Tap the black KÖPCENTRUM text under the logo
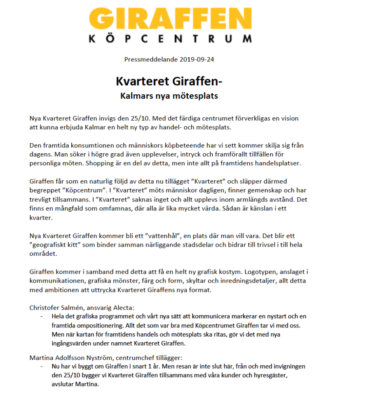pos(170,39)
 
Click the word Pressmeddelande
pos(150,59)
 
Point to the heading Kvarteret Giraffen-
pos(169,81)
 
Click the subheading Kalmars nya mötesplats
pos(169,96)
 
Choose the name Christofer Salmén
pos(56,307)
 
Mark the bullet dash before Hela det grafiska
pos(42,316)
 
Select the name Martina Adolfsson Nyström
pos(70,357)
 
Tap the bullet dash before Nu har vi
pos(42,366)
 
